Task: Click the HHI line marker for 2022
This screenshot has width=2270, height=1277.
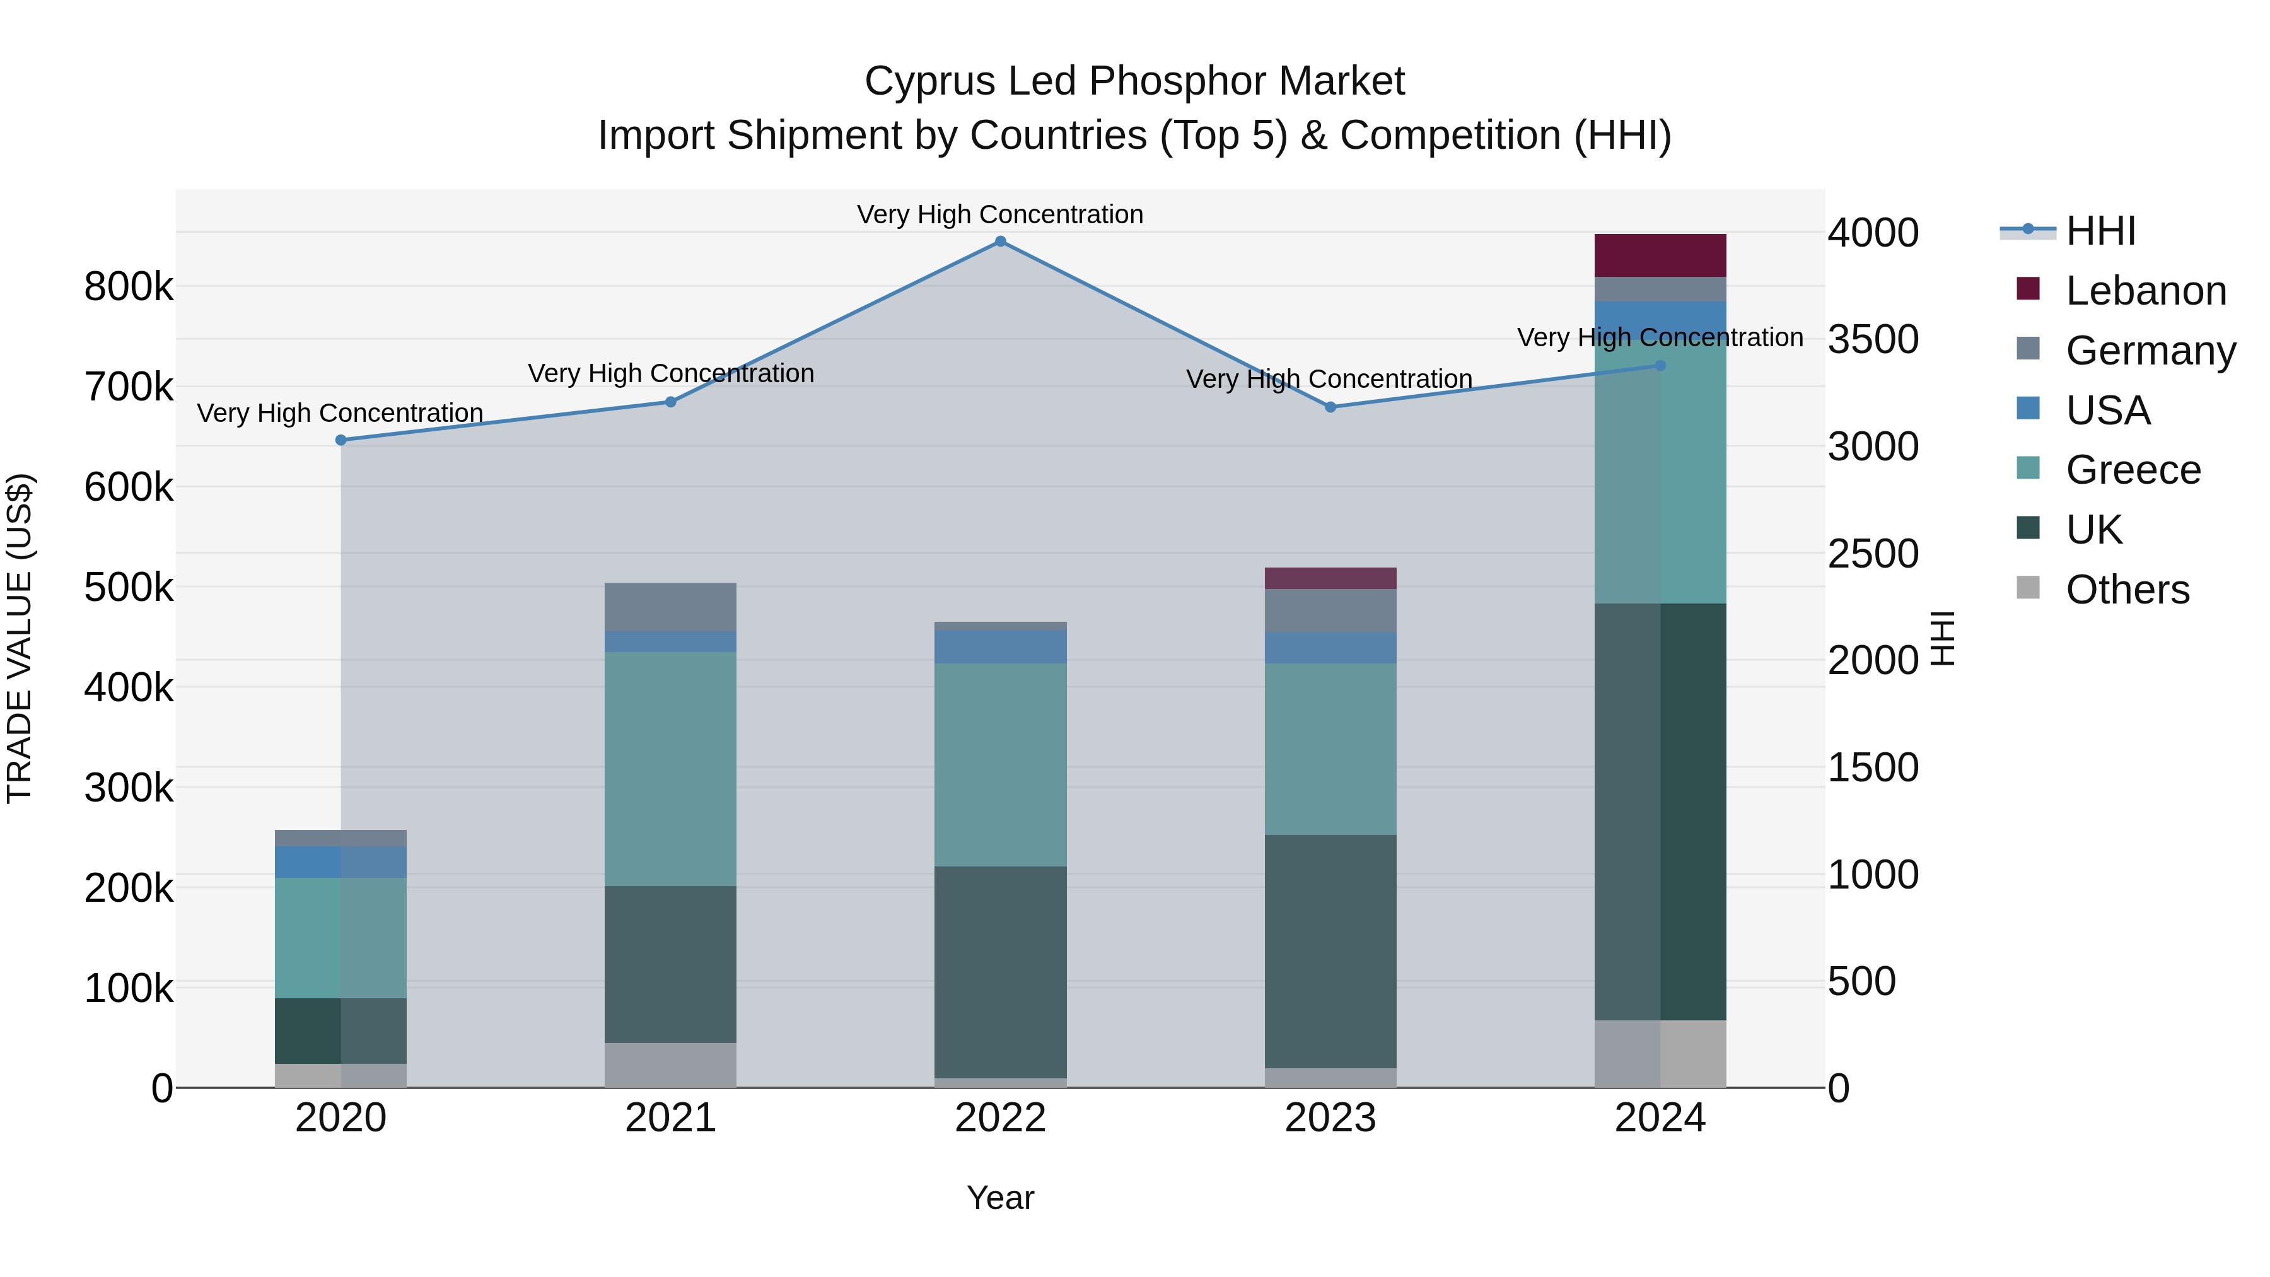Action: (1000, 242)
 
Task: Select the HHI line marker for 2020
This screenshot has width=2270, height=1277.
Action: (341, 440)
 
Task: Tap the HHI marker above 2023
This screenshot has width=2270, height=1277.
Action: (1330, 407)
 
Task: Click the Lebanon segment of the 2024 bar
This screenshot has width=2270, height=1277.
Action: (1660, 255)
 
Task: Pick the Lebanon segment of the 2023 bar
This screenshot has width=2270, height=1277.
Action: (1330, 578)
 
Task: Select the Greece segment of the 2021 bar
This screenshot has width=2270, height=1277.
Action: (671, 769)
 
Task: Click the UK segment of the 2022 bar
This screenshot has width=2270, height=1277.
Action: (1000, 971)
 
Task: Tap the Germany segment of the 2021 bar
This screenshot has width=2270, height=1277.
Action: (671, 606)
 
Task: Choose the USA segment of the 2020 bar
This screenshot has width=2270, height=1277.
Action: (341, 862)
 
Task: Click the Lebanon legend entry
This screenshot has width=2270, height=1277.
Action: (2145, 291)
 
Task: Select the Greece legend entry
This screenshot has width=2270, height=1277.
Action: (2133, 470)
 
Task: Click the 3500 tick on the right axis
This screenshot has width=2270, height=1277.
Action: (1873, 339)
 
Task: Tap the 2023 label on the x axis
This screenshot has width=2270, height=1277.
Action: (1330, 1118)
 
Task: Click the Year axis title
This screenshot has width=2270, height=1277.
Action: (1000, 1198)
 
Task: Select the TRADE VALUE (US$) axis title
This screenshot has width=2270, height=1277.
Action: (20, 638)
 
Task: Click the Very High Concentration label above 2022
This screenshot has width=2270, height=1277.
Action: (1000, 214)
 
